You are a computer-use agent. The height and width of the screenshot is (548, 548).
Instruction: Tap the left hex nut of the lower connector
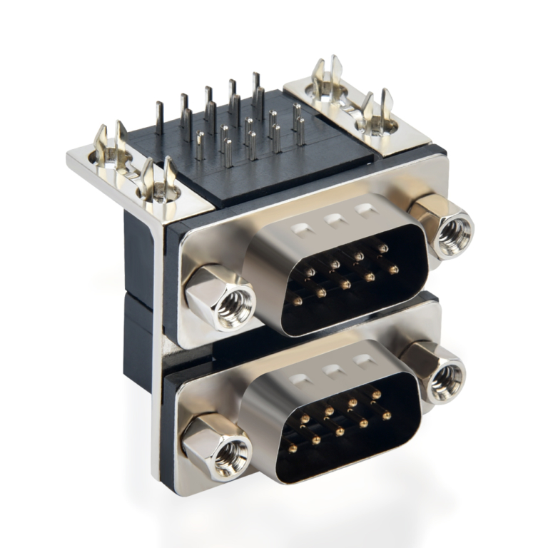[217, 447]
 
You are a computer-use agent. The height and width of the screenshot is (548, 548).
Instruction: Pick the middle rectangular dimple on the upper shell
[334, 219]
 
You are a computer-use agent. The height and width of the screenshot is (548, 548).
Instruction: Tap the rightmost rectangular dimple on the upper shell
[366, 210]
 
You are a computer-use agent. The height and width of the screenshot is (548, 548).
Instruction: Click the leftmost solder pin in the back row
[159, 118]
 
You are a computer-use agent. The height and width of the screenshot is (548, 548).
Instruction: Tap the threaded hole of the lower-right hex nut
[450, 379]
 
